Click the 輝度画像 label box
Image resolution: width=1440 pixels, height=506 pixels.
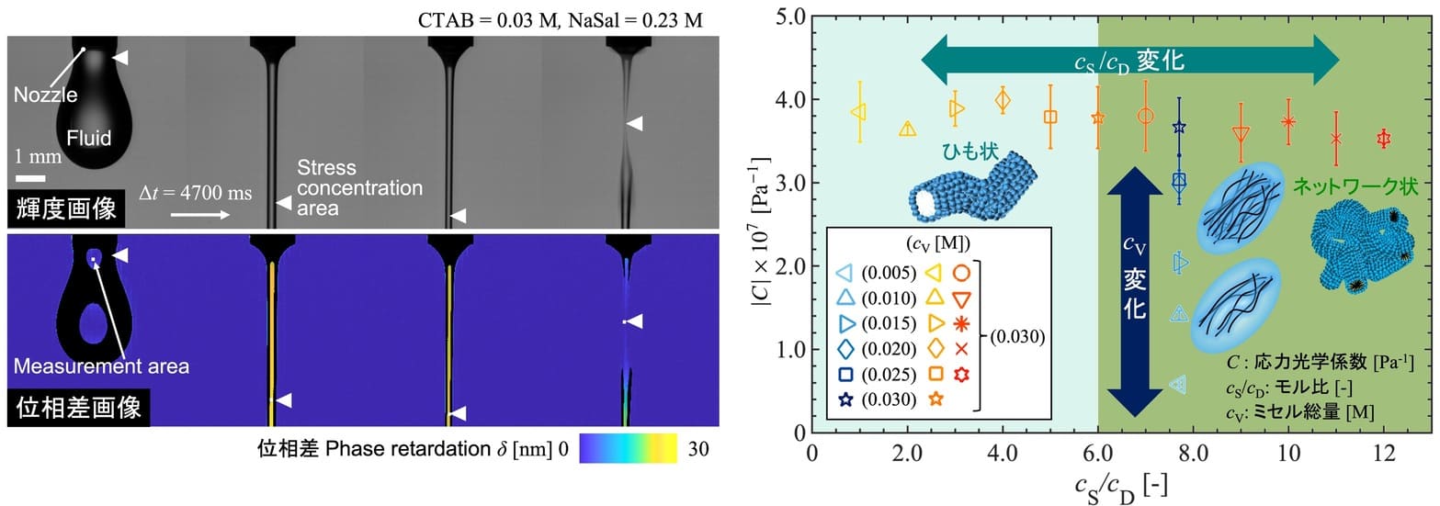pyautogui.click(x=65, y=209)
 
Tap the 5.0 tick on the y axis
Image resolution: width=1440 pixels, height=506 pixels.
pyautogui.click(x=789, y=17)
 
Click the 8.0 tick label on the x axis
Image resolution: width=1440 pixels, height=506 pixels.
pyautogui.click(x=1193, y=454)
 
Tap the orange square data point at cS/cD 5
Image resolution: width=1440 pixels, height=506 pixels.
pyautogui.click(x=1050, y=117)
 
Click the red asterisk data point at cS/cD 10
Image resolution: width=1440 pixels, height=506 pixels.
pyautogui.click(x=1288, y=121)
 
